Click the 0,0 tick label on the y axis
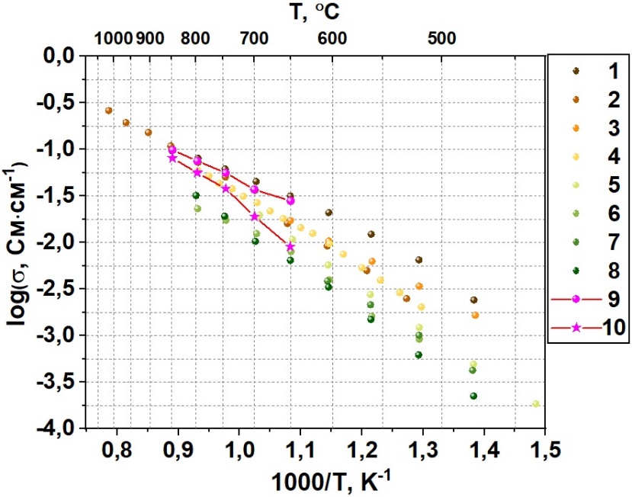pos(62,56)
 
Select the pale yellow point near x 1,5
pos(536,404)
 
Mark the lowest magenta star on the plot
pos(290,246)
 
